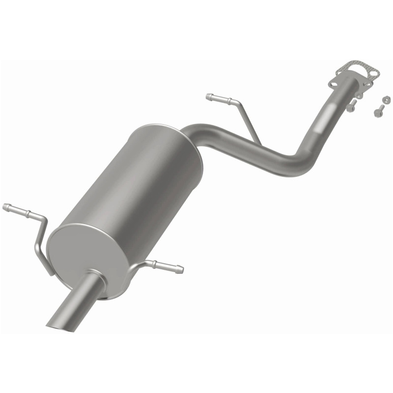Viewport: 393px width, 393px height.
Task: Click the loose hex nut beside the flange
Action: (386, 100)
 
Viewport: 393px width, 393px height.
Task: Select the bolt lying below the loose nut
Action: (378, 112)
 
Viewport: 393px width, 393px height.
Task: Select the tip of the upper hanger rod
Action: (209, 96)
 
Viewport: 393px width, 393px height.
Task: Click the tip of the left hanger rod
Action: (5, 207)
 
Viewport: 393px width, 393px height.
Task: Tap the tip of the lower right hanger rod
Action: (181, 270)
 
